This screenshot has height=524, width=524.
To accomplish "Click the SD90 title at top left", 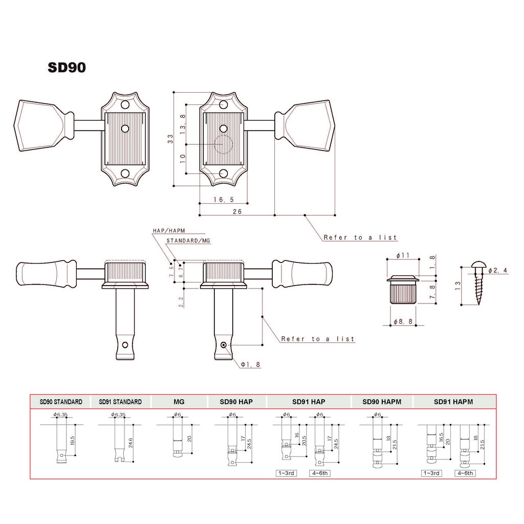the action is (67, 67).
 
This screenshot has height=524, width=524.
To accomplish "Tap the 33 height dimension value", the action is (171, 139).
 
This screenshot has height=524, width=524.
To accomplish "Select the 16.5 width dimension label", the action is (224, 200).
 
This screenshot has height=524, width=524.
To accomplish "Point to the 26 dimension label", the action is (237, 211).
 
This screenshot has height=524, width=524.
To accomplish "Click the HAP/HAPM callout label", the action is (169, 231).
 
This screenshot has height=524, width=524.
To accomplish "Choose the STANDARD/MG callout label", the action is (188, 241).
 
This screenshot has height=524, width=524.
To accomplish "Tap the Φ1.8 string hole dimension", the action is (251, 364).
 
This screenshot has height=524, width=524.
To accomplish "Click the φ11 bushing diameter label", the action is (403, 256).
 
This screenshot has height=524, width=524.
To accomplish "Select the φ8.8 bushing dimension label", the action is (403, 321).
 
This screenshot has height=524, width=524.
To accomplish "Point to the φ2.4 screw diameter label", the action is (498, 270).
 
